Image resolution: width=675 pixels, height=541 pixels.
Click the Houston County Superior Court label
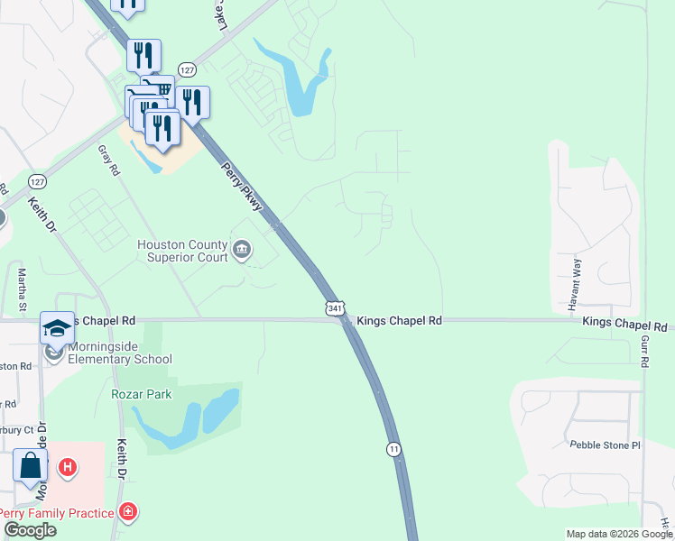coord(183,250)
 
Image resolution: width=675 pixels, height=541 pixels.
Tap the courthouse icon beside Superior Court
coord(242,250)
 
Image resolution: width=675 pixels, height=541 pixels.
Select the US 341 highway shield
coord(335,308)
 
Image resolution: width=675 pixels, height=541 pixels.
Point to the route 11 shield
coord(393,448)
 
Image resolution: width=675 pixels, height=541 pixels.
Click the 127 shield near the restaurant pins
coord(187,69)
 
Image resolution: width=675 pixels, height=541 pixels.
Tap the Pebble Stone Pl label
coord(604,445)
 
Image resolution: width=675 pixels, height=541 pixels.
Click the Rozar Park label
coord(142,394)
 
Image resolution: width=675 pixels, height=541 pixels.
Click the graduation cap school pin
coord(57,328)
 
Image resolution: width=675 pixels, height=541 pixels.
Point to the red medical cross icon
coord(129,512)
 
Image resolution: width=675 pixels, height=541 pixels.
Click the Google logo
coord(30,529)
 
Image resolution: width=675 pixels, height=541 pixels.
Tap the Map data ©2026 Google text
coord(618,534)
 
